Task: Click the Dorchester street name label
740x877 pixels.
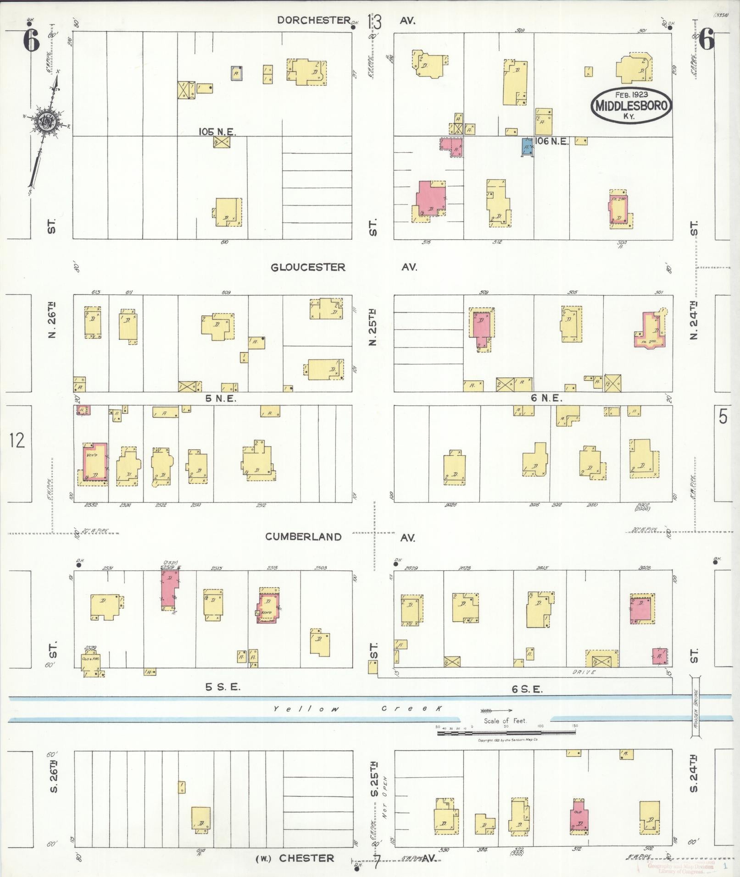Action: pyautogui.click(x=314, y=20)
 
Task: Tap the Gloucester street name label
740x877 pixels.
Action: pyautogui.click(x=308, y=267)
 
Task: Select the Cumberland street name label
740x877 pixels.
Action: pyautogui.click(x=303, y=537)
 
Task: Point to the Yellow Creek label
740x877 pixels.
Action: pyautogui.click(x=358, y=709)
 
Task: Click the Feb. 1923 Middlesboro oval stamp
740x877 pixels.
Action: pyautogui.click(x=631, y=105)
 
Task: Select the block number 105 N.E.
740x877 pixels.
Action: pyautogui.click(x=217, y=132)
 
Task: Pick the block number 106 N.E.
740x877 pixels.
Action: pyautogui.click(x=551, y=141)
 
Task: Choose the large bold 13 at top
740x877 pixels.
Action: pyautogui.click(x=374, y=22)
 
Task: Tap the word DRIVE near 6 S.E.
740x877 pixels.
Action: pyautogui.click(x=584, y=673)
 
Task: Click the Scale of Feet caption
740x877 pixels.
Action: pyautogui.click(x=505, y=721)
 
